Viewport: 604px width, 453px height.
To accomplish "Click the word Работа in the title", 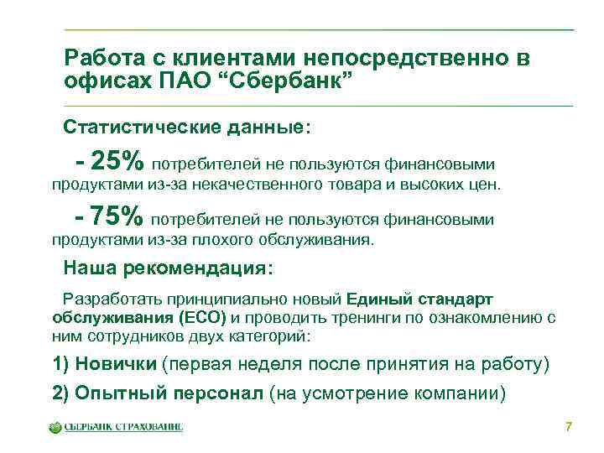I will pos(99,59).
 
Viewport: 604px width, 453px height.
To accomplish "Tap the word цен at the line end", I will pos(484,183).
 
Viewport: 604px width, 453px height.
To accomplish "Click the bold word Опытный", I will pos(120,393).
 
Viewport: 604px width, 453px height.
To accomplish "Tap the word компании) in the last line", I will pos(461,393).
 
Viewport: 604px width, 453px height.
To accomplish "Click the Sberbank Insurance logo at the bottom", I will pos(115,427).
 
